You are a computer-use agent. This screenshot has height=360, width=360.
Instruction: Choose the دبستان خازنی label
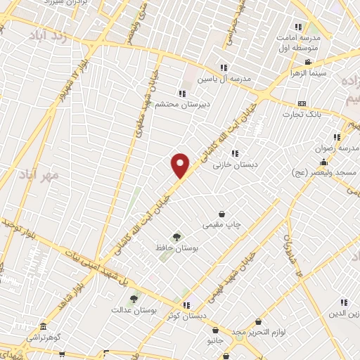pyautogui.click(x=235, y=164)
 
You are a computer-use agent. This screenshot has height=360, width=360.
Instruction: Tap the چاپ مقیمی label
pyautogui.click(x=222, y=225)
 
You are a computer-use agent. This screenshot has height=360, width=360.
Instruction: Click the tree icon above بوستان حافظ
pyautogui.click(x=176, y=238)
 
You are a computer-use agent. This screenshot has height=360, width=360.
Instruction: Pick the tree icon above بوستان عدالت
pyautogui.click(x=134, y=299)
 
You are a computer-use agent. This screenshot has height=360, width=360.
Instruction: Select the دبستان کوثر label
pyautogui.click(x=187, y=316)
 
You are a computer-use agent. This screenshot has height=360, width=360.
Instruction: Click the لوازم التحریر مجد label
pyautogui.click(x=257, y=331)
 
